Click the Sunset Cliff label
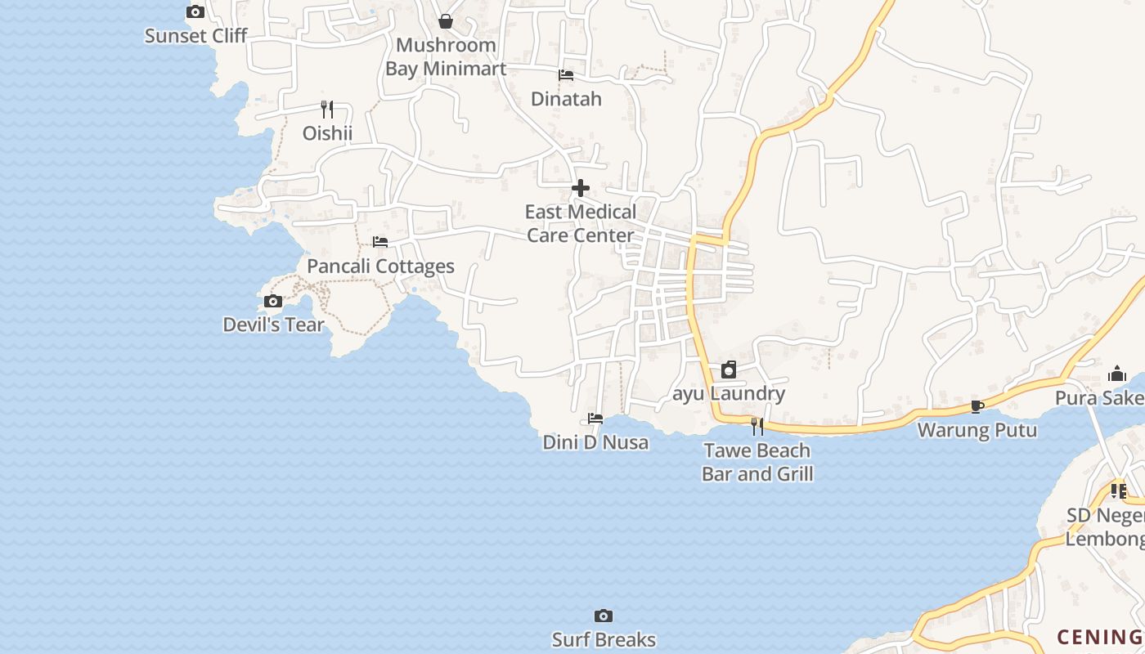point(195,36)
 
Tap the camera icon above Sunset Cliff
point(195,11)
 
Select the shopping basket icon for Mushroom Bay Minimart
point(446,21)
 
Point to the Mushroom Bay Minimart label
point(446,56)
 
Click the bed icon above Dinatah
point(566,75)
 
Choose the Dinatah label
point(566,99)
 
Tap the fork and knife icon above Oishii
point(327,109)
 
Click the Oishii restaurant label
point(327,133)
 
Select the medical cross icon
point(581,188)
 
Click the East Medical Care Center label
point(580,223)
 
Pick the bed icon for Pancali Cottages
point(380,242)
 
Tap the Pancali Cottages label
point(380,267)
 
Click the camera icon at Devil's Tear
point(273,302)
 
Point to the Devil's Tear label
point(273,325)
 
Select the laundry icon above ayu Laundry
point(729,370)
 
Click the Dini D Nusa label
point(595,442)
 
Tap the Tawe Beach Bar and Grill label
point(757,462)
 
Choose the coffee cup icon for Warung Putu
point(977,406)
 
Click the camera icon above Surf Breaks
point(604,616)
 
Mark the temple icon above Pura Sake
point(1117,374)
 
